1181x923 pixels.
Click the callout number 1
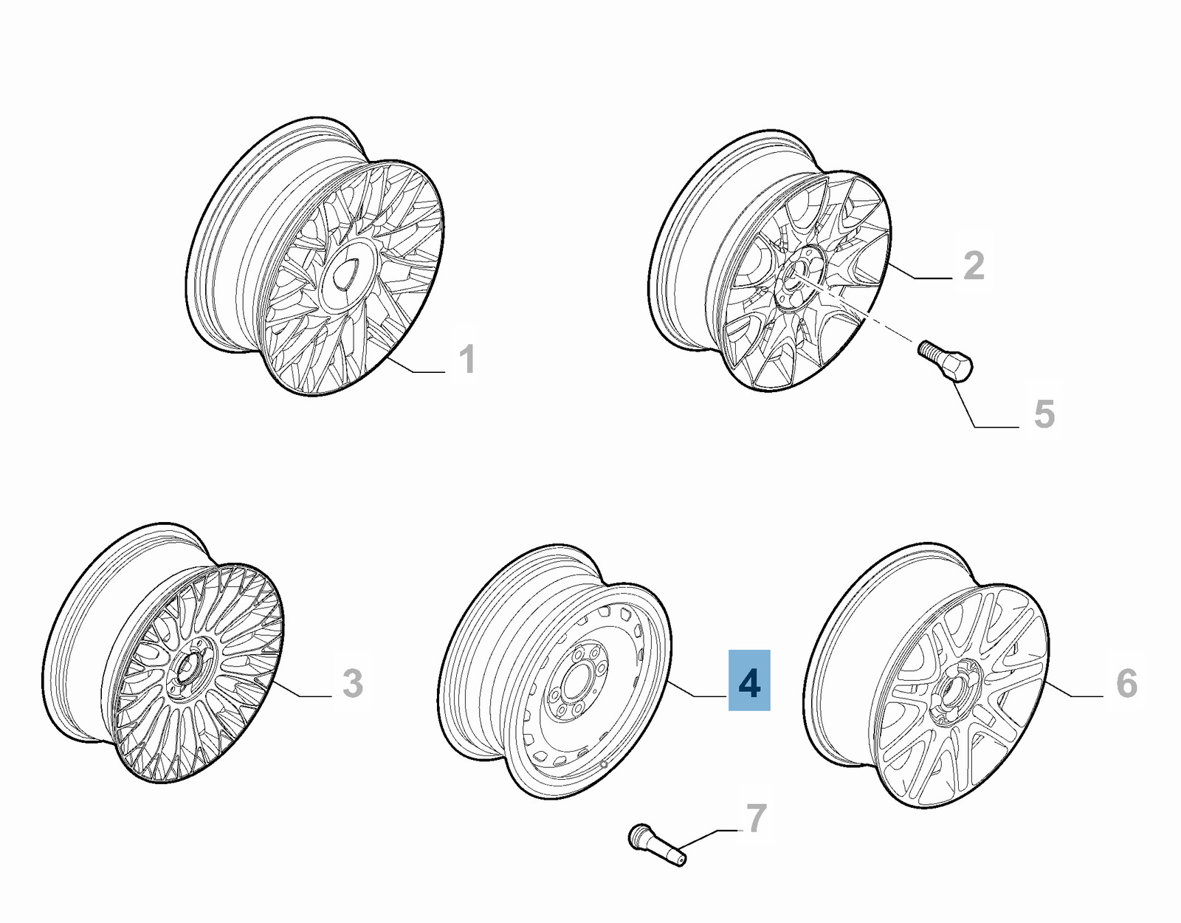(467, 360)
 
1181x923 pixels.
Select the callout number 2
(974, 266)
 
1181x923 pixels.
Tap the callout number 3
(353, 683)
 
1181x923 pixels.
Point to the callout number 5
(1044, 414)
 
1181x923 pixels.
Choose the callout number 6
(1126, 683)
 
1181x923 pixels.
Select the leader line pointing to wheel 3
(303, 688)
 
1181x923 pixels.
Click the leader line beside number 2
(922, 271)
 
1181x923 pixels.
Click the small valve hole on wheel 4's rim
(603, 764)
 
